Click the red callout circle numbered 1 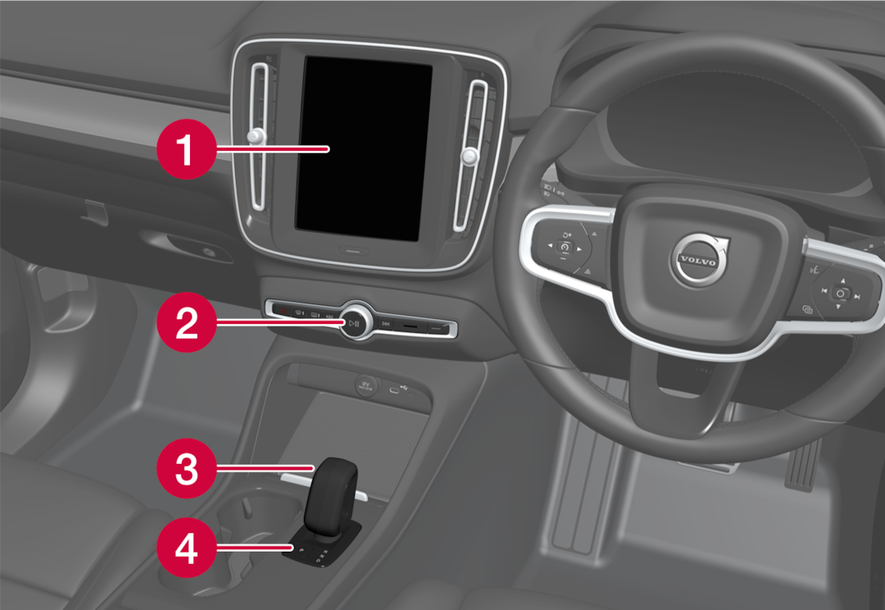pos(187,148)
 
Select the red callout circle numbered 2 pos(187,323)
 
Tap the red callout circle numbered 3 pos(187,469)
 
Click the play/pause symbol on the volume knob pos(353,323)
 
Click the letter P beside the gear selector pos(301,547)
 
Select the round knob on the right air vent pos(470,154)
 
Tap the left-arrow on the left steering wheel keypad pos(539,246)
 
